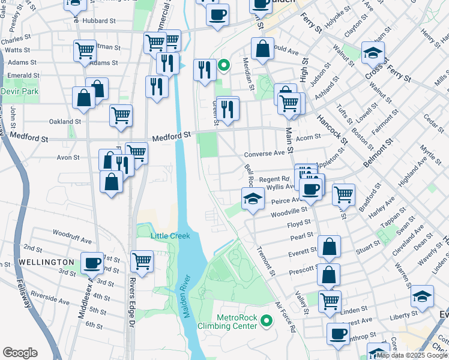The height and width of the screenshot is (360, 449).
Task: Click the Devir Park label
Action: point(19,91)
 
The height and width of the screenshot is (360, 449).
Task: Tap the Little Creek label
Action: point(170,236)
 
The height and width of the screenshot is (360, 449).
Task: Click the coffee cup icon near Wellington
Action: point(92,262)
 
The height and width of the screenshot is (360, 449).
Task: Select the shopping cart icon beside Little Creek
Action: point(142,260)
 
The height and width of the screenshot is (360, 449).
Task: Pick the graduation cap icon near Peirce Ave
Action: point(253,198)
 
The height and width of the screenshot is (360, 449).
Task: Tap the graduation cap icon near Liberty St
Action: point(422,296)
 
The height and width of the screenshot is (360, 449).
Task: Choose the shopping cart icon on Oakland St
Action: point(121,115)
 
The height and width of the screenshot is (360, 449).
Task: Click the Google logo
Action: point(20,353)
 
